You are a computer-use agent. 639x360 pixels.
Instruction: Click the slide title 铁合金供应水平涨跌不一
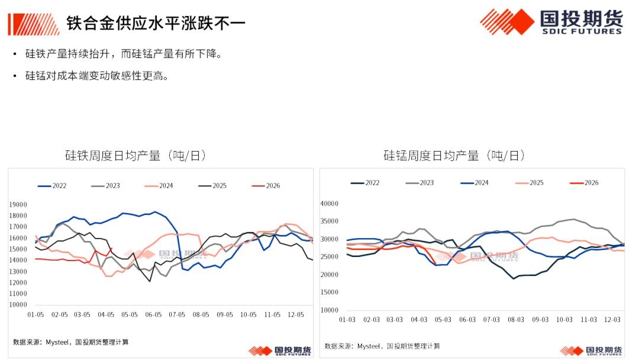(x=156, y=23)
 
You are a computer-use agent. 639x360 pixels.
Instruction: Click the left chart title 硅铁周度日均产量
(x=135, y=156)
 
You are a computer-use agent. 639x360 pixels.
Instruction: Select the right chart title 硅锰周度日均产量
(x=454, y=156)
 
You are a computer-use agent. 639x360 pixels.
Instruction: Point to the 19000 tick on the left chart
(x=18, y=204)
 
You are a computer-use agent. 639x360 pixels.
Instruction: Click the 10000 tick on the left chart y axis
(x=18, y=304)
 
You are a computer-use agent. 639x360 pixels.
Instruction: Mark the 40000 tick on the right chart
(x=329, y=203)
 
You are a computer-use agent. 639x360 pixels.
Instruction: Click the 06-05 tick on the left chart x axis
(x=154, y=315)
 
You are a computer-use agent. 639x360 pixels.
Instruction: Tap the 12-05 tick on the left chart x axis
(x=296, y=315)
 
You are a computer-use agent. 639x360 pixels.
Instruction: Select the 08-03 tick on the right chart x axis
(x=515, y=320)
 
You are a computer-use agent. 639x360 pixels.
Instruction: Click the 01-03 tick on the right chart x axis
(x=347, y=320)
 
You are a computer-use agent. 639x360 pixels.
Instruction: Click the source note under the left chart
(x=71, y=342)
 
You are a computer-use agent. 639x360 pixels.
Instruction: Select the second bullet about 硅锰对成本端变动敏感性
(x=96, y=76)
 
